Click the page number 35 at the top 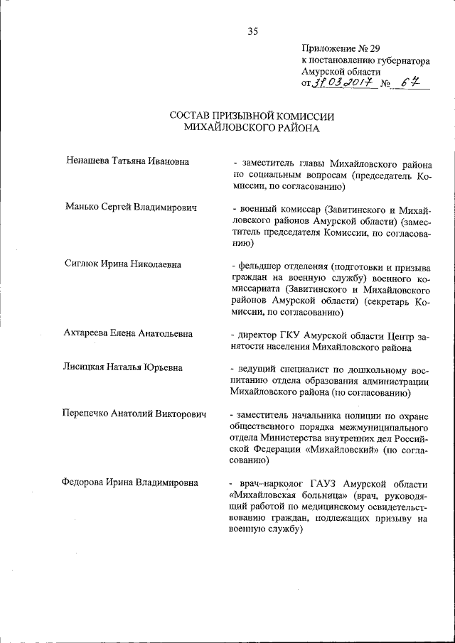(252, 30)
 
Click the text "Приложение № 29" (336, 48)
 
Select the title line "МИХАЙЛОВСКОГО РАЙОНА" (252, 129)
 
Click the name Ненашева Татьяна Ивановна (126, 161)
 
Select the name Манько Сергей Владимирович (130, 208)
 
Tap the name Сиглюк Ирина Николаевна (122, 264)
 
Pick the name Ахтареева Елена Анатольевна (128, 333)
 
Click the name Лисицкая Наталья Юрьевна (122, 367)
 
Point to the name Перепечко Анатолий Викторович (134, 414)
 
